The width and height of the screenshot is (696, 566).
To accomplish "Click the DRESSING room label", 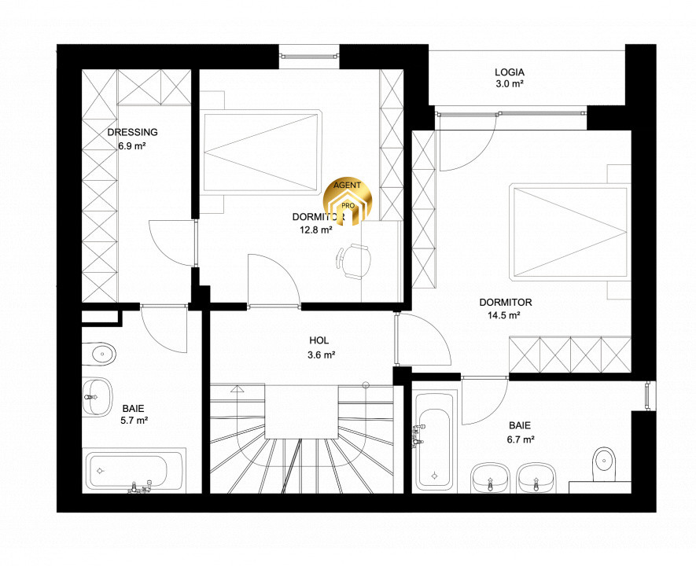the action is pos(132,132).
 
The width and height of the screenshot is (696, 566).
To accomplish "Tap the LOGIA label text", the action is pos(510,72).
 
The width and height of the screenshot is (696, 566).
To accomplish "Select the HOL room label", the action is pos(319,340).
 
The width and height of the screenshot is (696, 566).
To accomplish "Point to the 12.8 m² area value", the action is pos(316,230).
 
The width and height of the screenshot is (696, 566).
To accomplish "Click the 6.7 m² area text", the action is pos(521,439).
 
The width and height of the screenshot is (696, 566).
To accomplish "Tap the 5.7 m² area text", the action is pos(134,420).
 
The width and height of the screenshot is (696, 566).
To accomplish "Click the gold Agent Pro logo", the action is pos(348,200).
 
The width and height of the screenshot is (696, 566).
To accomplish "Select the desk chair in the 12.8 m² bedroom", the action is pos(353,262).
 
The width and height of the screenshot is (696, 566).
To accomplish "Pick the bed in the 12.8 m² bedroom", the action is pos(261,151).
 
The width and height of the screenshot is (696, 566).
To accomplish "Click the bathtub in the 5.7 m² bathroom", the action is pos(134,471).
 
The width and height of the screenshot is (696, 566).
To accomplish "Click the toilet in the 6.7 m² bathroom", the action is pos(604,465).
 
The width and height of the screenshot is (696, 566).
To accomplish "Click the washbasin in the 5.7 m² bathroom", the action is pos(97,397).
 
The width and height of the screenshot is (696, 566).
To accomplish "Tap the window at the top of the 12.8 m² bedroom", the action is pos(309,56).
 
